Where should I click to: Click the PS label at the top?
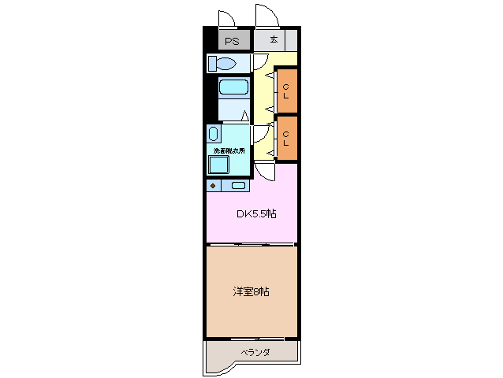tap(232, 41)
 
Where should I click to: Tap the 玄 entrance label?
tap(274, 40)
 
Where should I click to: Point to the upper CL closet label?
tap(287, 91)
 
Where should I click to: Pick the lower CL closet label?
tap(287, 139)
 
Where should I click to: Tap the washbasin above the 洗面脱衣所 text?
tap(214, 133)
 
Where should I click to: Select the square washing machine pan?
tap(218, 164)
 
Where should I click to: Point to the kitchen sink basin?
tap(238, 186)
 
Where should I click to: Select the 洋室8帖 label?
tap(251, 291)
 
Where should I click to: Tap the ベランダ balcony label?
tap(255, 352)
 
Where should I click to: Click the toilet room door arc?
tap(259, 63)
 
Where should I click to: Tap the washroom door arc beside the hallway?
tap(260, 135)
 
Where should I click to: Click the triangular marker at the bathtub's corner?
tap(244, 116)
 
